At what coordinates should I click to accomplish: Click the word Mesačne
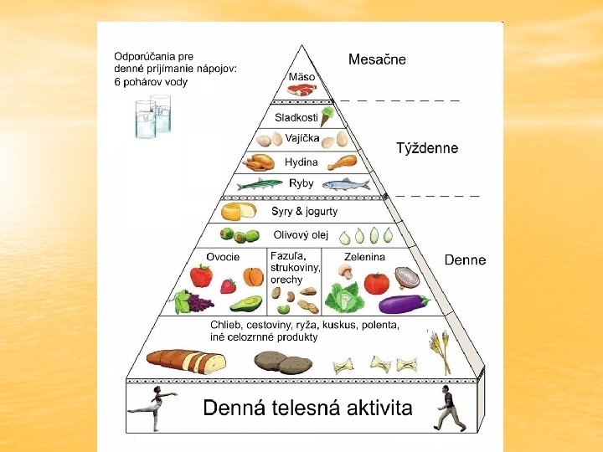[x=377, y=59]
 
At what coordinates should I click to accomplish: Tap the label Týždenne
[x=427, y=148]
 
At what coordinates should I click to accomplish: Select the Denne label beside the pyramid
[x=465, y=260]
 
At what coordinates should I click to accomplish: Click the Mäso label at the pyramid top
[x=301, y=76]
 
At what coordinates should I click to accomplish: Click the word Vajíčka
[x=302, y=138]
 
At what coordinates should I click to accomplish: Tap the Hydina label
[x=301, y=162]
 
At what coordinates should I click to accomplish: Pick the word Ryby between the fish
[x=301, y=183]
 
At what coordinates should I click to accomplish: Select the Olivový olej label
[x=304, y=234]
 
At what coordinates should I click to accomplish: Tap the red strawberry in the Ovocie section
[x=229, y=286]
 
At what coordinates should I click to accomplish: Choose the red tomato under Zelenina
[x=378, y=282]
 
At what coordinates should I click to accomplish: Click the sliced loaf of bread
[x=187, y=361]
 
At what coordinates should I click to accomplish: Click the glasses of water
[x=153, y=116]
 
